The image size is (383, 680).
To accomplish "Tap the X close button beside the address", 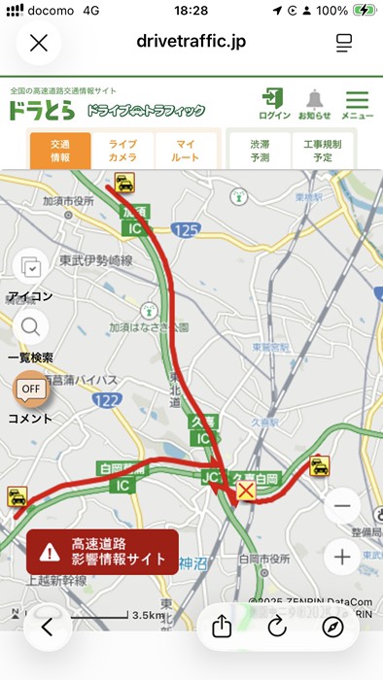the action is click(39, 44).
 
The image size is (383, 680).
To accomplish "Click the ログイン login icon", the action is click(274, 103).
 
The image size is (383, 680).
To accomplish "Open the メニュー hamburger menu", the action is click(358, 103).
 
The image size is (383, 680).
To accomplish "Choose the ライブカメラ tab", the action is click(122, 151).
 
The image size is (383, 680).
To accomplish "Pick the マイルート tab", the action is click(185, 151).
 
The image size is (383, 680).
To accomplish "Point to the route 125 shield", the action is click(185, 229).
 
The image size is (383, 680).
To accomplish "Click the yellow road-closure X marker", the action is click(246, 493).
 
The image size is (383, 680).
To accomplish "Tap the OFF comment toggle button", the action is click(29, 391).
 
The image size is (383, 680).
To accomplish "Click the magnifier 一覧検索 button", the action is click(30, 327).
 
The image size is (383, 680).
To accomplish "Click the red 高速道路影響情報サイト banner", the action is click(102, 551).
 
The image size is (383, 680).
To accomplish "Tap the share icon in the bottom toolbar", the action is click(221, 627).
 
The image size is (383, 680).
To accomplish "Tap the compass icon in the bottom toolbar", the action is click(333, 627).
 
